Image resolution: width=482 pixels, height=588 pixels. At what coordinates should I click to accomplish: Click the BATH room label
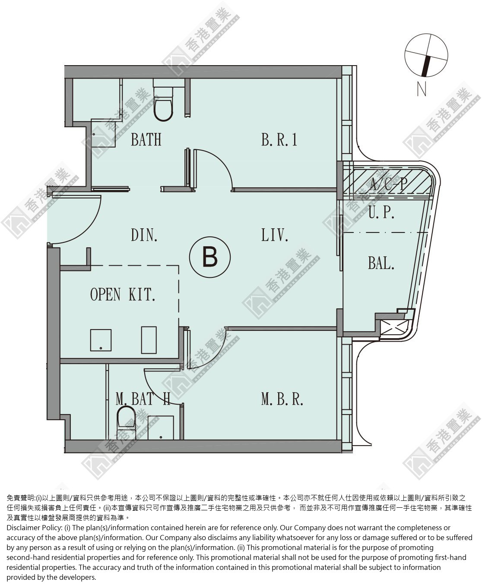point(146,140)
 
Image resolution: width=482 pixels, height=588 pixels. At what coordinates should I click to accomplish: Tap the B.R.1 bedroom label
point(279,140)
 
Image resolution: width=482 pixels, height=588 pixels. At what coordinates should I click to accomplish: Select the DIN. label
point(144,235)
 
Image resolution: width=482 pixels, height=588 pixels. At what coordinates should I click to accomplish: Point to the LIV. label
point(274,235)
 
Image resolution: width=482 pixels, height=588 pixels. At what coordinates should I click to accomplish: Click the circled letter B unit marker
point(210,257)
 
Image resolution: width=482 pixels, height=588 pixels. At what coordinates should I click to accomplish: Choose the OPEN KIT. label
point(123,294)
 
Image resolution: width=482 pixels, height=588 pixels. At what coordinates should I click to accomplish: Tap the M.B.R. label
point(282,399)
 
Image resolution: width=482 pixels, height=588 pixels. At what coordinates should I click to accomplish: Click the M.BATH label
point(143,399)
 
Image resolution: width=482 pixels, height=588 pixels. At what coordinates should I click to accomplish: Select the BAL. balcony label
point(381,263)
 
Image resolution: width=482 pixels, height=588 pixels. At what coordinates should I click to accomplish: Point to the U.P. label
point(381,212)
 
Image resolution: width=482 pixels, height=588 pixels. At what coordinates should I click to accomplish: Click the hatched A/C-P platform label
point(389,184)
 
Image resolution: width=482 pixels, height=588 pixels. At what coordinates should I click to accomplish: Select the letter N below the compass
point(422,89)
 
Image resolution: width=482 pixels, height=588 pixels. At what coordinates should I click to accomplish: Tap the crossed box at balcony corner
point(394,328)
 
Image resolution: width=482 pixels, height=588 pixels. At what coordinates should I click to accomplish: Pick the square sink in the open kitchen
point(101,340)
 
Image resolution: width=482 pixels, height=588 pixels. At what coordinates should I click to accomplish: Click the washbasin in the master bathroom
point(161,428)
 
